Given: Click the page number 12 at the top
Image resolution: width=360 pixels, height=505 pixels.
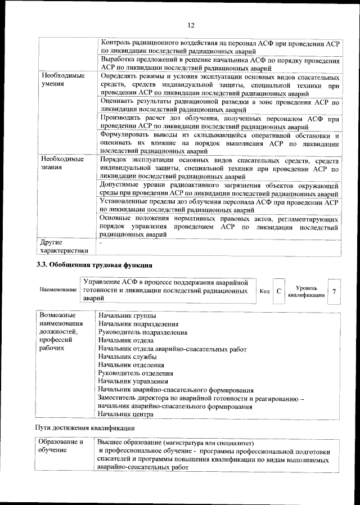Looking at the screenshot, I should coord(191,25).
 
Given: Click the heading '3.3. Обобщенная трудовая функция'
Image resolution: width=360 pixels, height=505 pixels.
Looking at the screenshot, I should coord(94,265).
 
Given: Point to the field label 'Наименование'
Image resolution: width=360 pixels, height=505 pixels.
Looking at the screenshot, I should coord(58,289).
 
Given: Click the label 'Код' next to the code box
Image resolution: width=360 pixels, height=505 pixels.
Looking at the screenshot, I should coord(264,291).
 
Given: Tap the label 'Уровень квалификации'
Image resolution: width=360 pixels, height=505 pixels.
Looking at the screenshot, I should coord(306,291).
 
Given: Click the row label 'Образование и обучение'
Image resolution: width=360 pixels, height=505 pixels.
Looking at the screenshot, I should coord(61,447).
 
